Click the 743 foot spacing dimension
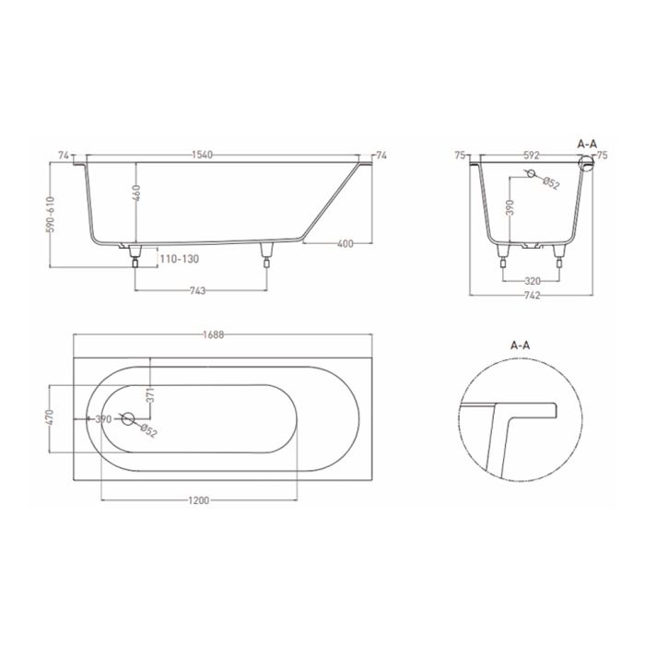click(196, 290)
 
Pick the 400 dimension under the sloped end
click(346, 244)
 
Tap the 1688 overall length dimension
click(214, 334)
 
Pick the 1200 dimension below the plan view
click(199, 500)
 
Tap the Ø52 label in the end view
click(551, 183)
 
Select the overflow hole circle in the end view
click(529, 174)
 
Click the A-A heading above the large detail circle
click(521, 346)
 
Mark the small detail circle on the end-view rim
click(584, 163)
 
